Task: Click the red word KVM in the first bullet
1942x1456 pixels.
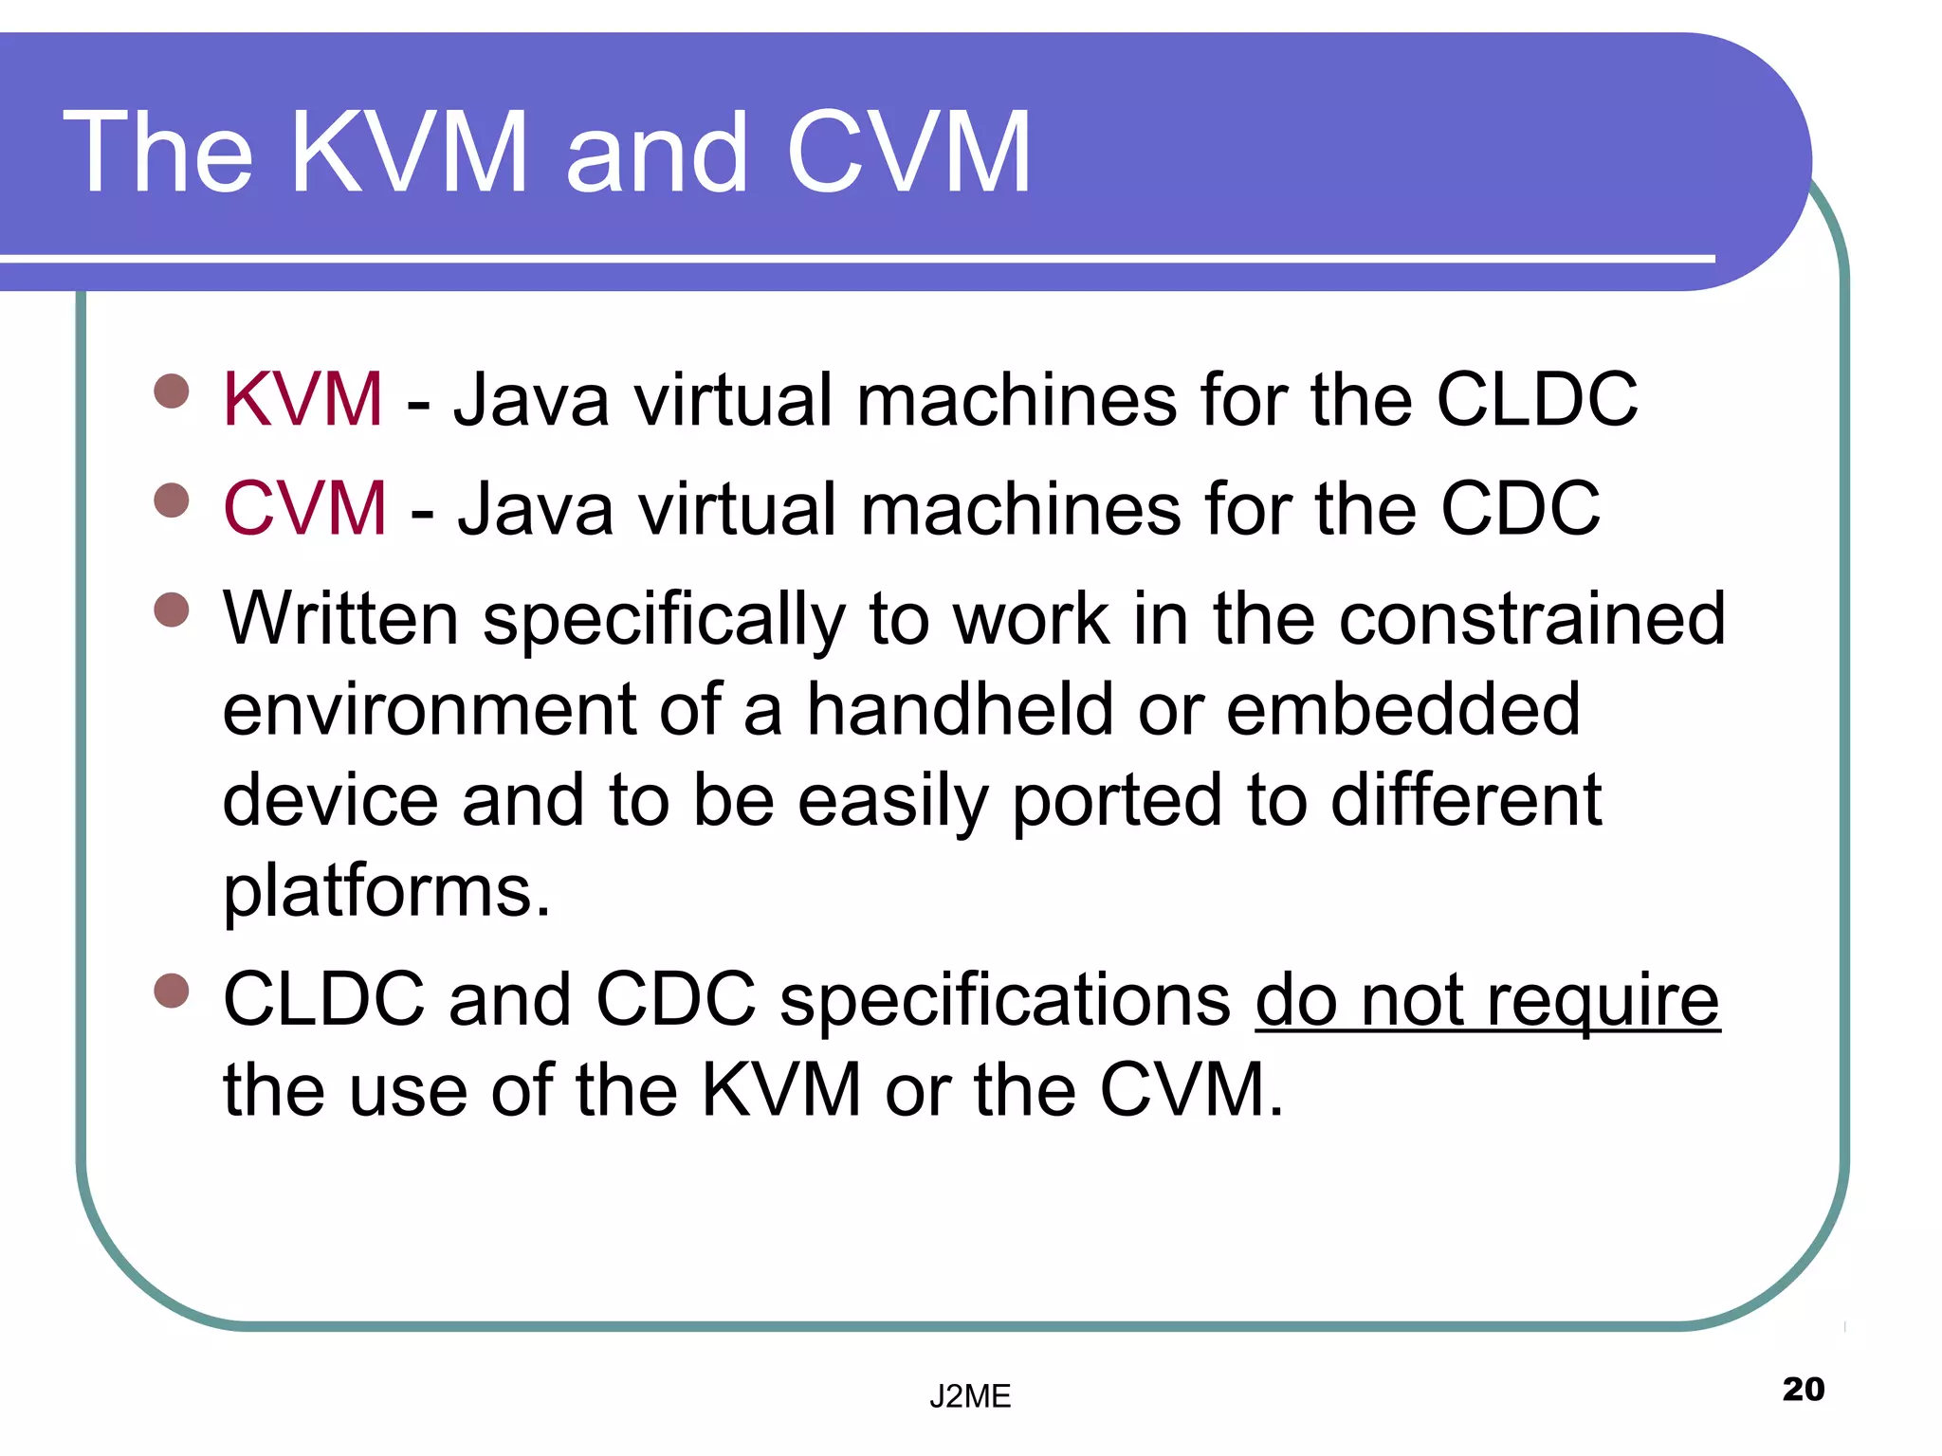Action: coord(302,400)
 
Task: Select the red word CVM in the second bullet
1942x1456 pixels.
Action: coord(304,509)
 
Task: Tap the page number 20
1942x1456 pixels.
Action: coord(1803,1389)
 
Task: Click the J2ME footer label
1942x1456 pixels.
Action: coord(970,1396)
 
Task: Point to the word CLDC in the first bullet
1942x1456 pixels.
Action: coord(1536,400)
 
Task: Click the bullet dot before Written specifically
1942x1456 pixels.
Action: coord(172,610)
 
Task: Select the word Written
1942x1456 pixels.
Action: coord(341,619)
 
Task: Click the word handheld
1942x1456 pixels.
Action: coord(960,709)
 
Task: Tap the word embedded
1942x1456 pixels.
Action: coord(1402,709)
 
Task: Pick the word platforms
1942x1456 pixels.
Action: coord(386,893)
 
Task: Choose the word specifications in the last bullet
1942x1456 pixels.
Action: coord(1005,1001)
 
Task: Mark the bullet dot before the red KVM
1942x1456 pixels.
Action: coord(172,391)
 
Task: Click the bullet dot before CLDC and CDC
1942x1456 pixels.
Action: coord(172,991)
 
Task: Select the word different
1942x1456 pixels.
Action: coord(1466,801)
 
